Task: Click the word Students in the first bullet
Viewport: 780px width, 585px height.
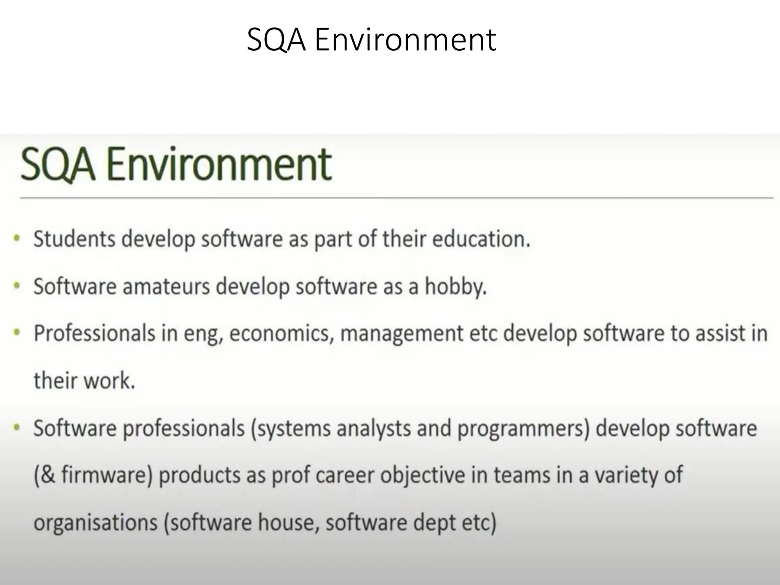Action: point(74,239)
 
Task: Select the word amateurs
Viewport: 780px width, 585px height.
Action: point(166,286)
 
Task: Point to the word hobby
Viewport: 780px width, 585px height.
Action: point(456,286)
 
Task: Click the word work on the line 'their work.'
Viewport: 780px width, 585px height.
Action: point(109,380)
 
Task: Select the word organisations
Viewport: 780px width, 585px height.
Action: point(96,523)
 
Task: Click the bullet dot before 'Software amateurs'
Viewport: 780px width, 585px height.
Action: point(16,286)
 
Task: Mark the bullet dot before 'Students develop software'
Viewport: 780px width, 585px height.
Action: point(16,238)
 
